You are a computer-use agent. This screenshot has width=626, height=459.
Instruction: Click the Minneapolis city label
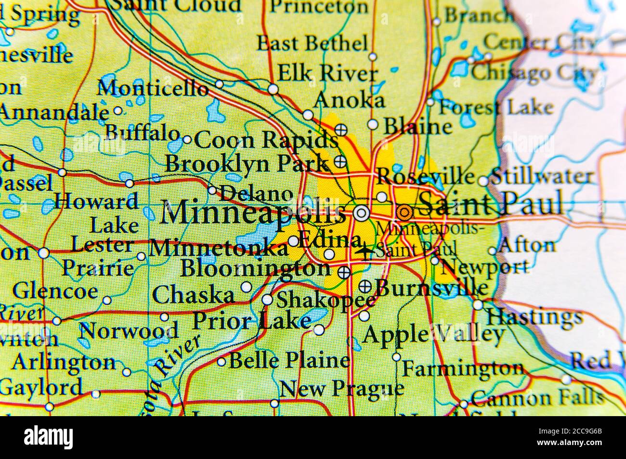252,212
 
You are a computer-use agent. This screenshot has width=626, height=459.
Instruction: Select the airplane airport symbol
366,251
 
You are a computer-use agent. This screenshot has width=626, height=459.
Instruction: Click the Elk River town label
328,73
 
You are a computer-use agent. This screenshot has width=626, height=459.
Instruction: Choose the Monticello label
153,88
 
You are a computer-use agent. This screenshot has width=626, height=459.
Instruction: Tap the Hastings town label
534,317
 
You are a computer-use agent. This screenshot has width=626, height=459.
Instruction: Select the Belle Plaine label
289,360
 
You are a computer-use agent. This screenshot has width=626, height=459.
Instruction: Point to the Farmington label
462,369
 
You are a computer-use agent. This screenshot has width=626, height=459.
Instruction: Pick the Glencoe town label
55,291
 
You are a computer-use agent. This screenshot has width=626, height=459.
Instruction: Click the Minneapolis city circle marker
361,212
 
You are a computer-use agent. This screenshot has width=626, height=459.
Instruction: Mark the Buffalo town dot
187,140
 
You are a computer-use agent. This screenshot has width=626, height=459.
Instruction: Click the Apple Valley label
433,334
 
